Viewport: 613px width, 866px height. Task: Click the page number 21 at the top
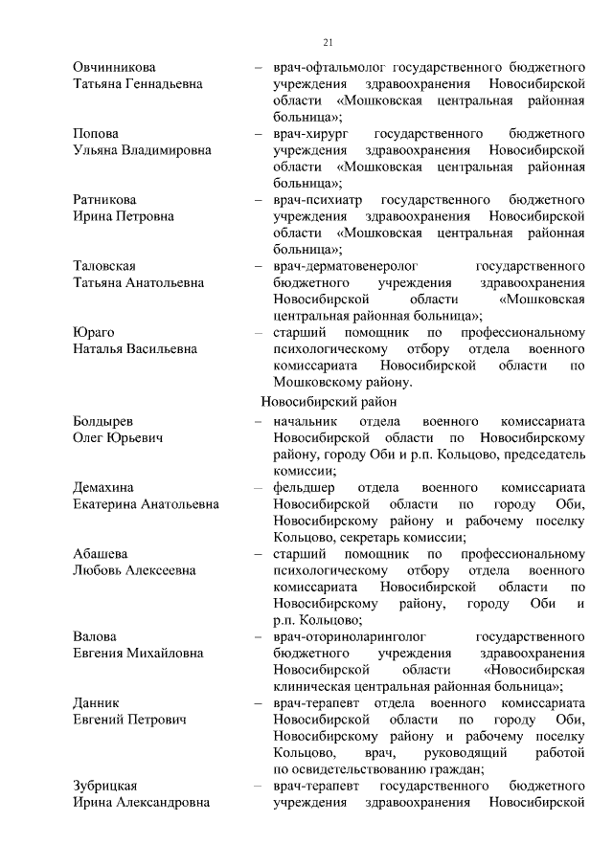pos(329,42)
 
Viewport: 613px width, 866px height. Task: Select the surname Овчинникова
pos(114,67)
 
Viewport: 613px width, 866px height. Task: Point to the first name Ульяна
pos(99,150)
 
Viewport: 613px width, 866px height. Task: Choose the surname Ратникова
pos(104,199)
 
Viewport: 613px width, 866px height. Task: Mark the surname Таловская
pos(104,265)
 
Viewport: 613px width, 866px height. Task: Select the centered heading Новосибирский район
pos(328,403)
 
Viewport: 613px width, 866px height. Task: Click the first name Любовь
pos(101,570)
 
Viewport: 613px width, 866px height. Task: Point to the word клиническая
pos(312,686)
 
